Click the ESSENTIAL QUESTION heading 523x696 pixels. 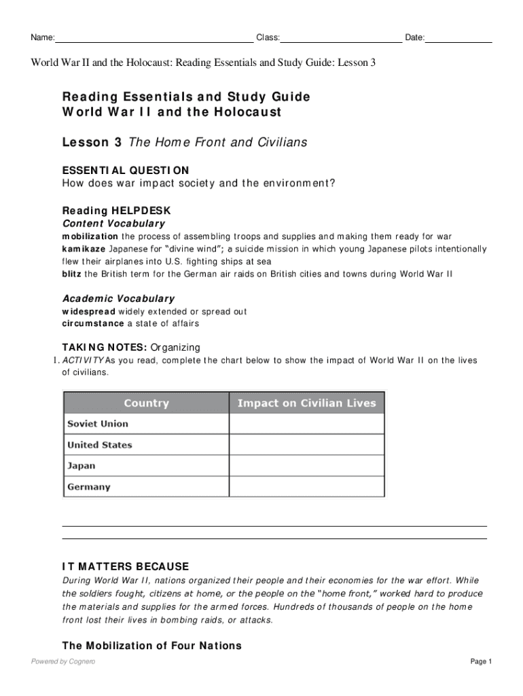[x=126, y=170]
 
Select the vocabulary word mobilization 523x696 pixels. [x=90, y=237]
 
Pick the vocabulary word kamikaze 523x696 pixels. [x=84, y=249]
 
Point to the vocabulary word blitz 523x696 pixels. [x=72, y=274]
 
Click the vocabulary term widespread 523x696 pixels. [x=89, y=311]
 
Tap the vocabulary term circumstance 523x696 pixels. [x=93, y=324]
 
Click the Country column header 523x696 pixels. [x=146, y=403]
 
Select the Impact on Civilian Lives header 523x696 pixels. [x=306, y=403]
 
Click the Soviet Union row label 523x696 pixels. [x=98, y=424]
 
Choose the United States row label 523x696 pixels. [x=100, y=445]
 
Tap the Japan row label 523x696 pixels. [x=82, y=466]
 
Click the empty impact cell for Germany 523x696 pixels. [x=306, y=487]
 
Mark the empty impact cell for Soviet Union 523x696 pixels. [x=306, y=424]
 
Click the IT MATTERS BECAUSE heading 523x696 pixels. [x=126, y=567]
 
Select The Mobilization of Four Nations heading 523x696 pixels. [x=151, y=646]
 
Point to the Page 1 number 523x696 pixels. [x=480, y=662]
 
